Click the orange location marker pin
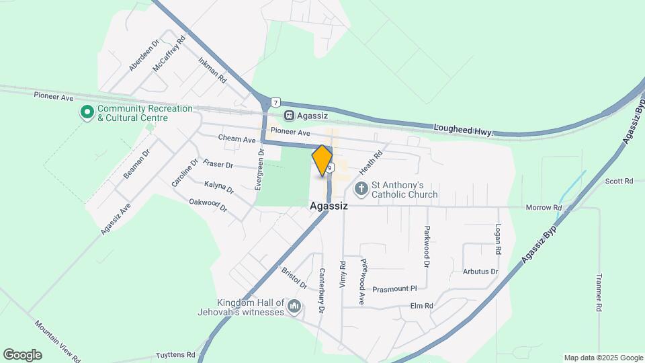[x=322, y=160]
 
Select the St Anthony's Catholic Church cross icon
[x=361, y=188]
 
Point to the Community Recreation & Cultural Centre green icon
[x=87, y=112]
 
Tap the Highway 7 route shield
[x=275, y=102]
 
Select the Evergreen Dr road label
[x=260, y=168]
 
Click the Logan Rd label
[x=498, y=239]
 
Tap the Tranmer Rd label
[x=599, y=292]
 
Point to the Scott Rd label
[x=619, y=181]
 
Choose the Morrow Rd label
[x=543, y=208]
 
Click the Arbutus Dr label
[x=480, y=272]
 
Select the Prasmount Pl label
[x=394, y=288]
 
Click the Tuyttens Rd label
[x=175, y=355]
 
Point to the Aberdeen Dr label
[x=144, y=54]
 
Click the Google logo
[x=22, y=354]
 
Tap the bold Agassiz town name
[x=329, y=206]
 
